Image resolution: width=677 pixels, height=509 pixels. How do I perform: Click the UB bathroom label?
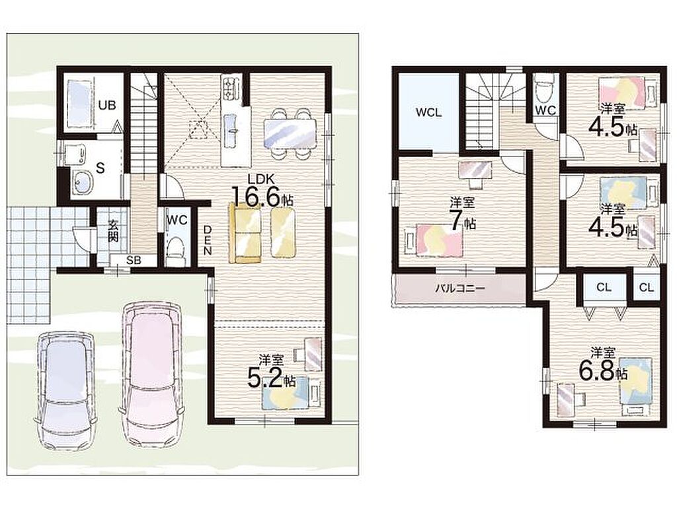pos(106,105)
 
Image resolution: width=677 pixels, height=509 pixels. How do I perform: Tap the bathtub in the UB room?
pos(79,104)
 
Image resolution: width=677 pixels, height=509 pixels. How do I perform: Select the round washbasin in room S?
pos(81,181)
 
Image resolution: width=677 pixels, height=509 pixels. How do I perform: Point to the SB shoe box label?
pos(132,260)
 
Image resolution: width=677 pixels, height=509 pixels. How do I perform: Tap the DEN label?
pos(208,240)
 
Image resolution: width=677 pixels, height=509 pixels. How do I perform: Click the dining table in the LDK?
pos(290,134)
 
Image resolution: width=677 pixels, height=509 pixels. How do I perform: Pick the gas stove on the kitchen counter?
pos(229,86)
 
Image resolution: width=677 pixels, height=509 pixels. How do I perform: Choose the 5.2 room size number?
pos(265,377)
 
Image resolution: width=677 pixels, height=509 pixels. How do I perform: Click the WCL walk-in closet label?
pos(428,112)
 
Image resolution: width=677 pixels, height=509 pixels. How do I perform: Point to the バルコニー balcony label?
pos(460,288)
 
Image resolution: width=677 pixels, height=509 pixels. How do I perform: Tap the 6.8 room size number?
pos(597,370)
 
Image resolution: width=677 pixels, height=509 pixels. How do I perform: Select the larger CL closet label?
pos(604,287)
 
